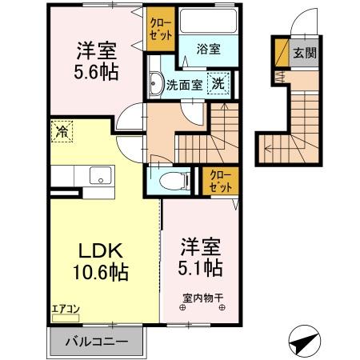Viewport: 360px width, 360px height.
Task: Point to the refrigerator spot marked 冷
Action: click(62, 132)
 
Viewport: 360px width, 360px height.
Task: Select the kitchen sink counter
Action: click(98, 177)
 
